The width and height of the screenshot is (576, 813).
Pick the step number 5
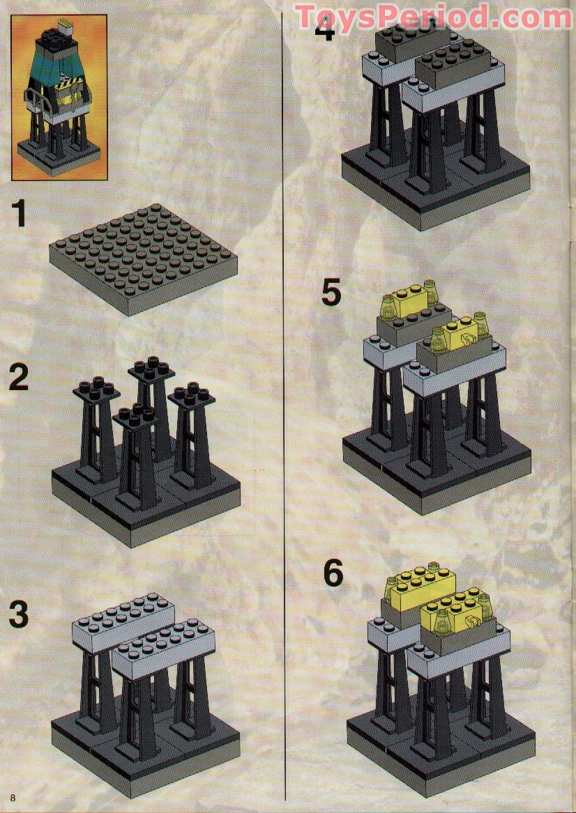[331, 293]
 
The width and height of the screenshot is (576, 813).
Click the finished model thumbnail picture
[59, 98]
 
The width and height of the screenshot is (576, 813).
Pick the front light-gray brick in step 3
[164, 649]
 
